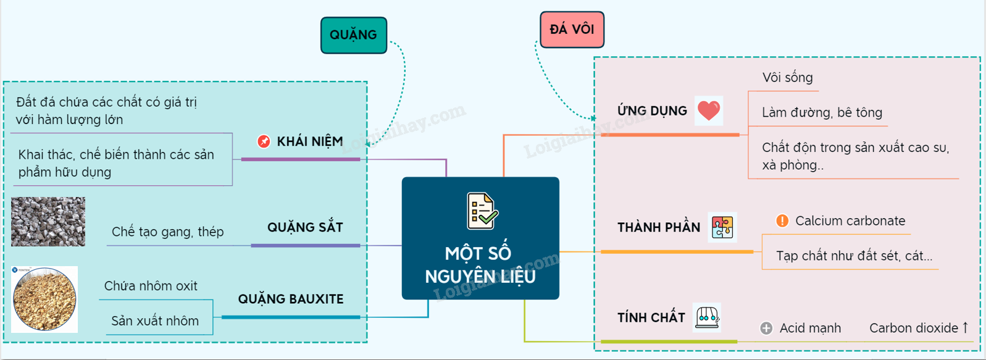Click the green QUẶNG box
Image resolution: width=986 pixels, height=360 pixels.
(353, 35)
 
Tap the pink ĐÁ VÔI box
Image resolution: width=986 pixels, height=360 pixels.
(572, 30)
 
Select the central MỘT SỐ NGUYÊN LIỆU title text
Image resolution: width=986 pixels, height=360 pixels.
(480, 265)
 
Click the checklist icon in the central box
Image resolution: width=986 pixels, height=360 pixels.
(482, 211)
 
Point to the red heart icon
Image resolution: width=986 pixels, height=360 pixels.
(708, 111)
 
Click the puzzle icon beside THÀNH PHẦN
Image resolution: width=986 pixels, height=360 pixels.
(722, 227)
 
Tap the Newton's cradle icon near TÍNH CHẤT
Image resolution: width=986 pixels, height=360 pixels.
(707, 317)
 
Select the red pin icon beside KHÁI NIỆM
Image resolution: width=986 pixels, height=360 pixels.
(264, 141)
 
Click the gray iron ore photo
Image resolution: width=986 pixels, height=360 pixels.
(48, 222)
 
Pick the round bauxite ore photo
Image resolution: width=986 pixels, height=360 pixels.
(44, 299)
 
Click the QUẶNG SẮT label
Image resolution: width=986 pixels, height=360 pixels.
(305, 227)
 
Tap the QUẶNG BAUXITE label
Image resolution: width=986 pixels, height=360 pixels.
(291, 299)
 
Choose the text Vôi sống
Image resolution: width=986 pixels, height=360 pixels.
(787, 78)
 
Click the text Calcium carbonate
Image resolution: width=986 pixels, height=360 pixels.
(850, 221)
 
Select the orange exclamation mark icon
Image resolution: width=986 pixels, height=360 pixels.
(782, 221)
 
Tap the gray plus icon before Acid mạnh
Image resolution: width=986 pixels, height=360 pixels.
(766, 329)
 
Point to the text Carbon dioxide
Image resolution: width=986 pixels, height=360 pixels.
(914, 329)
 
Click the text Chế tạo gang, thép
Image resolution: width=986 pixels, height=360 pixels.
(167, 232)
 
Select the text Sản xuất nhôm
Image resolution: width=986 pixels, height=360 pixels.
(155, 321)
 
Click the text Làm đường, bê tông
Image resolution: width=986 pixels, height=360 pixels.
(822, 113)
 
